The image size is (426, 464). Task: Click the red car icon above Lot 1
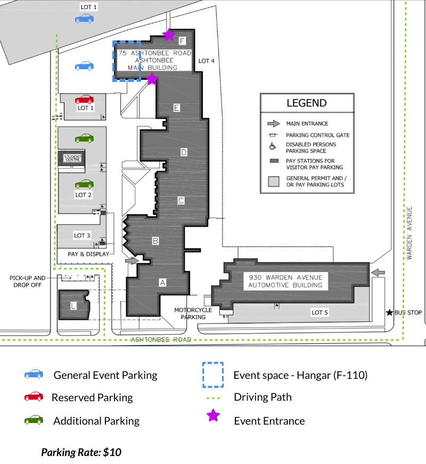84,100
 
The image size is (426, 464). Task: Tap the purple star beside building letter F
169,35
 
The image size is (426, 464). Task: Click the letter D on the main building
184,152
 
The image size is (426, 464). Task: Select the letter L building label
73,305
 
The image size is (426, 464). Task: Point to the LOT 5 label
319,312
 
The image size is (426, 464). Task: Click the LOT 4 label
206,61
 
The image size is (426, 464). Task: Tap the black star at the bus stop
390,312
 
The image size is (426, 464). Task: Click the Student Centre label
72,158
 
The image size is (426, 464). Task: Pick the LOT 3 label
82,236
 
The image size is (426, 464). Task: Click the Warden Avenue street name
409,233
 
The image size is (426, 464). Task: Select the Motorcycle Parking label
193,313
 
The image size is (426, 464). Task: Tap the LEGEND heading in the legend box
307,103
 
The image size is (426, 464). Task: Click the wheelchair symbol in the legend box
273,146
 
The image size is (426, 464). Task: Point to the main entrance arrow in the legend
274,123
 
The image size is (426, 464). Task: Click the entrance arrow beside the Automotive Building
378,272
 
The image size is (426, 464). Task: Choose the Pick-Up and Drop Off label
28,281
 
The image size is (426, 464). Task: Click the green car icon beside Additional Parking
34,420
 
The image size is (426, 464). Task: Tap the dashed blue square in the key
213,375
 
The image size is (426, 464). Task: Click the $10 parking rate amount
112,452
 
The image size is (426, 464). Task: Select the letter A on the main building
162,283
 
